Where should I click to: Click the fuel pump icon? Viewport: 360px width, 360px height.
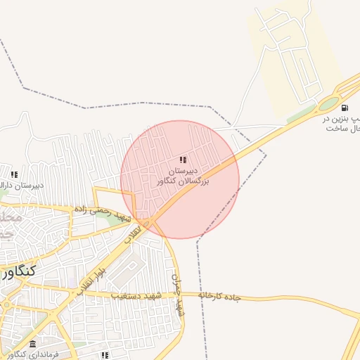[x=345, y=108]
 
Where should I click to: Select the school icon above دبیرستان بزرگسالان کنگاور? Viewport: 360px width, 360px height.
[x=184, y=160]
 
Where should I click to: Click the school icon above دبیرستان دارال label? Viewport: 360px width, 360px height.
[x=14, y=174]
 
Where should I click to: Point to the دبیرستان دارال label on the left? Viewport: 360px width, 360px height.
[x=22, y=186]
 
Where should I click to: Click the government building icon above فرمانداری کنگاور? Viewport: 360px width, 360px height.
[x=32, y=343]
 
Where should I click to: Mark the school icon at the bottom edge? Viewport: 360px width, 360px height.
[x=105, y=355]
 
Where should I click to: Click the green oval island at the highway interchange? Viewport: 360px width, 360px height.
[x=328, y=104]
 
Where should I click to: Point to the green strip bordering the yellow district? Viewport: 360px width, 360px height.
[x=301, y=113]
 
